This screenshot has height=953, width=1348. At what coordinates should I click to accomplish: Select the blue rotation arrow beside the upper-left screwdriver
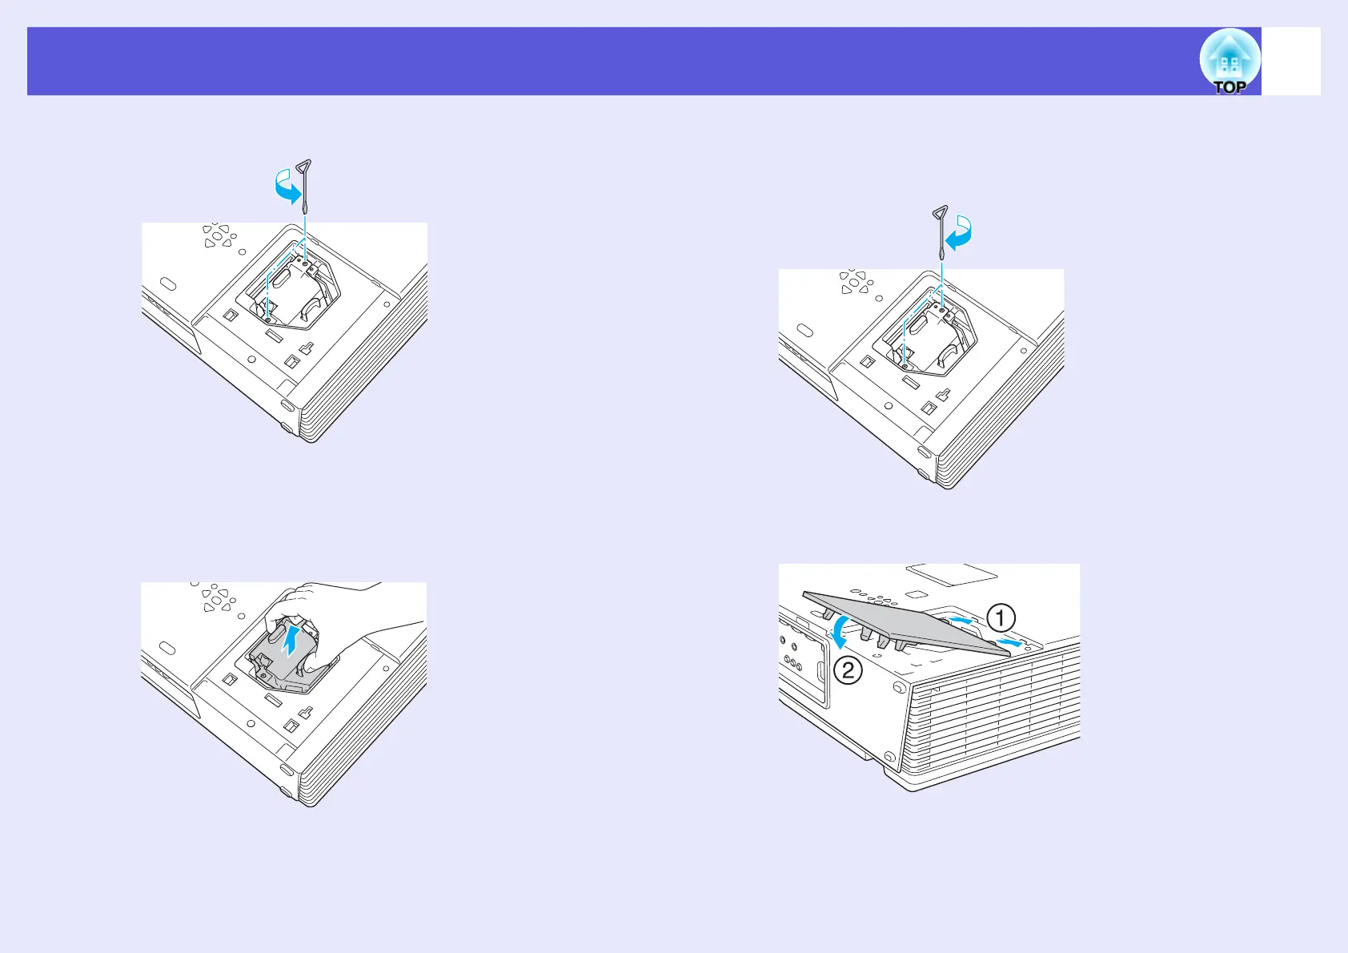(287, 191)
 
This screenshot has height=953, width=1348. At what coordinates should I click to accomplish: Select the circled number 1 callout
(1001, 618)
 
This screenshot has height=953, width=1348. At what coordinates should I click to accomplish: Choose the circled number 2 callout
(848, 670)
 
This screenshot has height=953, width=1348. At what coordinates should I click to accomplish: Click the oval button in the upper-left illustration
(166, 285)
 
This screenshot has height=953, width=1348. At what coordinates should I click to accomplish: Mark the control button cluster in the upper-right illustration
(855, 282)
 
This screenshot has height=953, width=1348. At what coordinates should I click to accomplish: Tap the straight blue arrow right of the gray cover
(1011, 642)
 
